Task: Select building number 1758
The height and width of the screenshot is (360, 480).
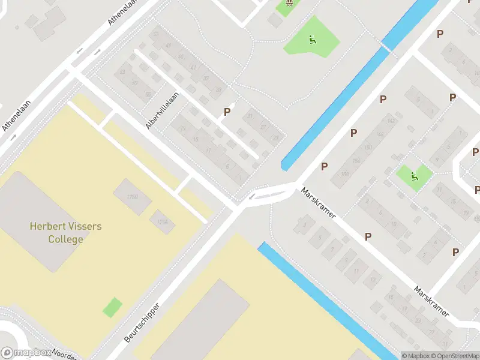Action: click(133, 196)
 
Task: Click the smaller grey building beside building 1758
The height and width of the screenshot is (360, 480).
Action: click(162, 222)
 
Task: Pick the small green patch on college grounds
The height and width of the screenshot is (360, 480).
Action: click(112, 308)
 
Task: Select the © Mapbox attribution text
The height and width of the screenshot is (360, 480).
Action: click(415, 356)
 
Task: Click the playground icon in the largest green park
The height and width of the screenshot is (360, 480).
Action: click(311, 40)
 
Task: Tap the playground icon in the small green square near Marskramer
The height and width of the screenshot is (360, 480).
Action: click(414, 176)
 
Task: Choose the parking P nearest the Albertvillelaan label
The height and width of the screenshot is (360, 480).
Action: click(227, 112)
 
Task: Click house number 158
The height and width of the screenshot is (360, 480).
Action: click(345, 175)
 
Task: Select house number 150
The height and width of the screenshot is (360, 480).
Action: click(356, 161)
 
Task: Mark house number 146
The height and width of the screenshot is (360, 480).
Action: click(379, 134)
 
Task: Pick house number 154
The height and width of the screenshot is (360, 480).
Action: click(368, 148)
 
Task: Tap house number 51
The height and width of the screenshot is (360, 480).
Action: click(156, 34)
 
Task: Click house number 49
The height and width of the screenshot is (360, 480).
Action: click(168, 46)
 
